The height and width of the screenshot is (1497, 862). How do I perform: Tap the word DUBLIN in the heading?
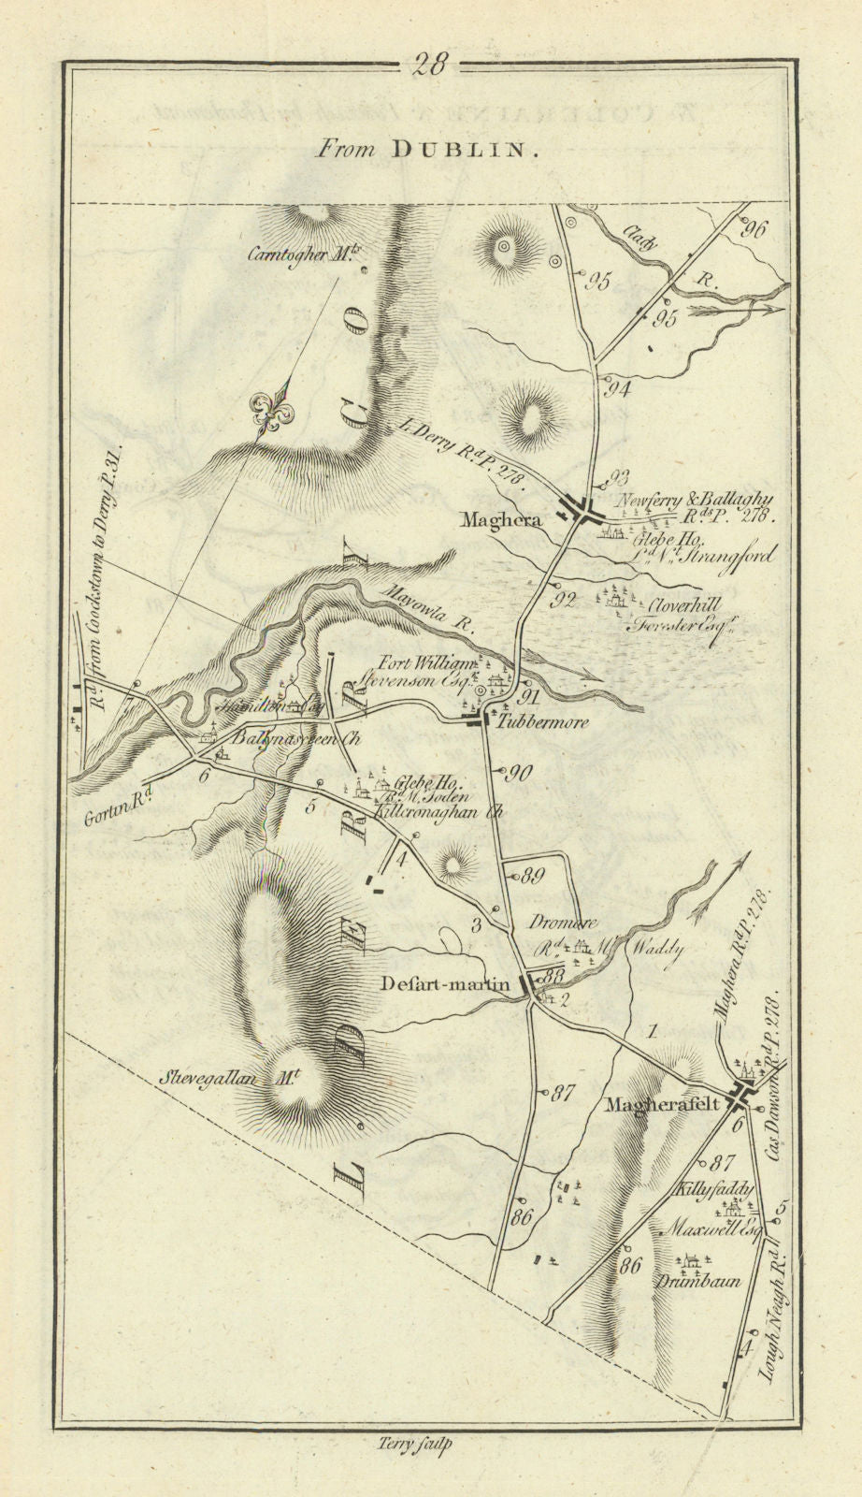[465, 149]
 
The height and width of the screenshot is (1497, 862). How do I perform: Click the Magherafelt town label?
[663, 1103]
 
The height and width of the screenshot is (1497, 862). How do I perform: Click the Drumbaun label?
[701, 1281]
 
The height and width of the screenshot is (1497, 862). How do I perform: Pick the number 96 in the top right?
[755, 227]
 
